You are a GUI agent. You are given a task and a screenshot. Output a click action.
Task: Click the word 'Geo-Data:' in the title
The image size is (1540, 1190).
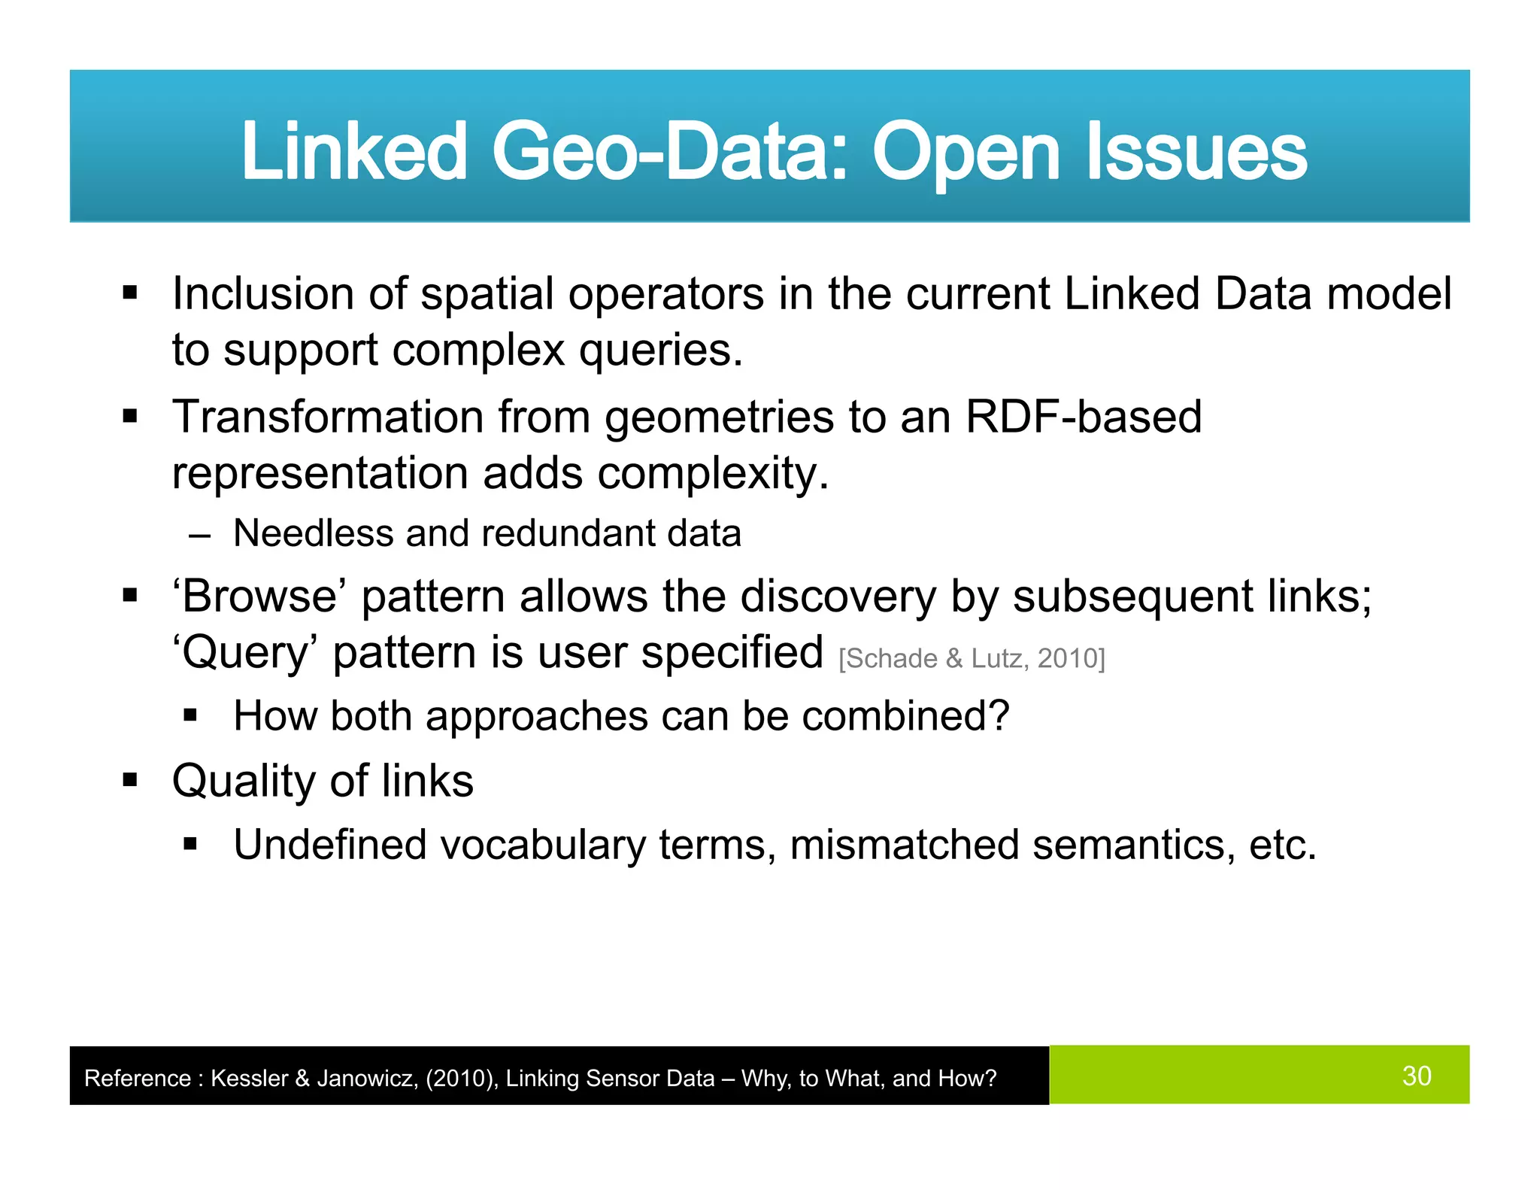669,152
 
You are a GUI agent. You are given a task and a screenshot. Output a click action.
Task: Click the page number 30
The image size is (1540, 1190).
1416,1076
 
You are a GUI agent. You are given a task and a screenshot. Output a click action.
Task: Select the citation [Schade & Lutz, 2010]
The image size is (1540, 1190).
972,659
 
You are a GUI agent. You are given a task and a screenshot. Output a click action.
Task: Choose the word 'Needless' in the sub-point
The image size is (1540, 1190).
313,533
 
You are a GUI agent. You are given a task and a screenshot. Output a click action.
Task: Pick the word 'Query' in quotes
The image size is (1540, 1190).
245,653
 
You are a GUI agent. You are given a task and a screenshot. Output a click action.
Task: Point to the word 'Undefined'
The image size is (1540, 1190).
329,845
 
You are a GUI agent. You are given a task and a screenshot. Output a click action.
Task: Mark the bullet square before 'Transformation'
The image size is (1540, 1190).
130,416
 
